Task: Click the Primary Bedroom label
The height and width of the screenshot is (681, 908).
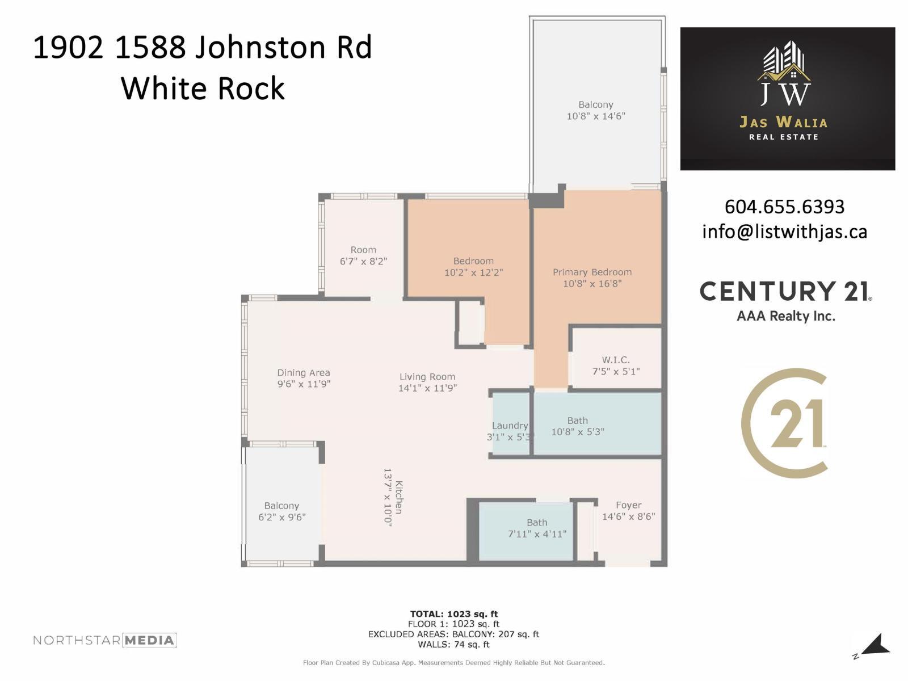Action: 592,272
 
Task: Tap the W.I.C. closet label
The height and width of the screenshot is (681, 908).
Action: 616,360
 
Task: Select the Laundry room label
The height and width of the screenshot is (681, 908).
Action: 510,426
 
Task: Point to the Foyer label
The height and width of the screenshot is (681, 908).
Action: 628,505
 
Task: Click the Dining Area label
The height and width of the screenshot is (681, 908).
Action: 304,373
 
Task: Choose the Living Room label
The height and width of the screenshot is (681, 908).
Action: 427,377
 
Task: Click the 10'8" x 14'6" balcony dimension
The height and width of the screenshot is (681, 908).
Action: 596,116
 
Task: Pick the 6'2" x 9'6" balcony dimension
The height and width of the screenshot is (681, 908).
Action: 282,517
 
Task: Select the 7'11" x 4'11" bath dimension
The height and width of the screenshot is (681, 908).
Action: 537,533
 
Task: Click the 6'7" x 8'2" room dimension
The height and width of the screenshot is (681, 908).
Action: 363,261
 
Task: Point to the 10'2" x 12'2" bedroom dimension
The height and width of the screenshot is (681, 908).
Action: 473,272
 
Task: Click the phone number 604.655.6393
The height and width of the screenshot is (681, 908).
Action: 784,207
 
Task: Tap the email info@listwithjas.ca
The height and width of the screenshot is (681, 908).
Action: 784,232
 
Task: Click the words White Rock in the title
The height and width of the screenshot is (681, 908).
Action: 203,89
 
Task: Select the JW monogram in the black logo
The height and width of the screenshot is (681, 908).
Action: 785,93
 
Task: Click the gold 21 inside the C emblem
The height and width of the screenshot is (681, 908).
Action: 797,423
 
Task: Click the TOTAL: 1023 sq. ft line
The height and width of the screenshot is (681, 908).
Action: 454,613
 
